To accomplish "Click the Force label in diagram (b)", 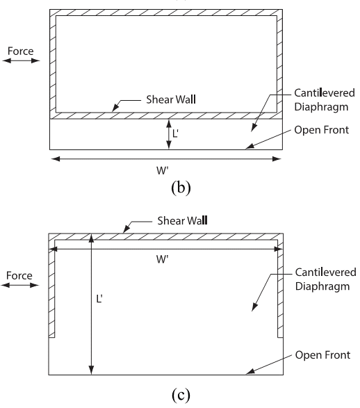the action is pos(21,51).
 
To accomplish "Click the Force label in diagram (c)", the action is pos(19,275).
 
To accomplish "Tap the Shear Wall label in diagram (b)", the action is pos(171,99).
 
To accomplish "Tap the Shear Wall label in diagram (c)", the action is pos(182,220).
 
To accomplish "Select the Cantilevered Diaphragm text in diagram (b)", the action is pos(325,100).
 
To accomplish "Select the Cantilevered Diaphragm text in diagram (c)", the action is pos(326,279).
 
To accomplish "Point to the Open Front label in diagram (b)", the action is pos(322,130).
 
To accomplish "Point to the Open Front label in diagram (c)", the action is pos(322,355).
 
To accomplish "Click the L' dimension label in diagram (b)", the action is pos(175,133).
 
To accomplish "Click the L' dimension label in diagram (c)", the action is pos(99,299).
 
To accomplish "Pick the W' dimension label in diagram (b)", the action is pos(163,171).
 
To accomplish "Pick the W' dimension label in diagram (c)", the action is pos(163,259).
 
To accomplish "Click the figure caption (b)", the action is pos(181,188).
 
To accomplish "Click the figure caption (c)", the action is pos(181,395).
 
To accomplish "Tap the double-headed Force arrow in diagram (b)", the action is pos(21,60).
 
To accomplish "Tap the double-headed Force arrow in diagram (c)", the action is pos(19,285).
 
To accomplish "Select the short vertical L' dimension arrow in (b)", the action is pos(169,134).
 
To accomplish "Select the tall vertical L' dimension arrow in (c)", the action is pos(91,304).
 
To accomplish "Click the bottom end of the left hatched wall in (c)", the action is pos(51,337).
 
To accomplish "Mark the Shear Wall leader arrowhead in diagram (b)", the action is pos(115,108).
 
